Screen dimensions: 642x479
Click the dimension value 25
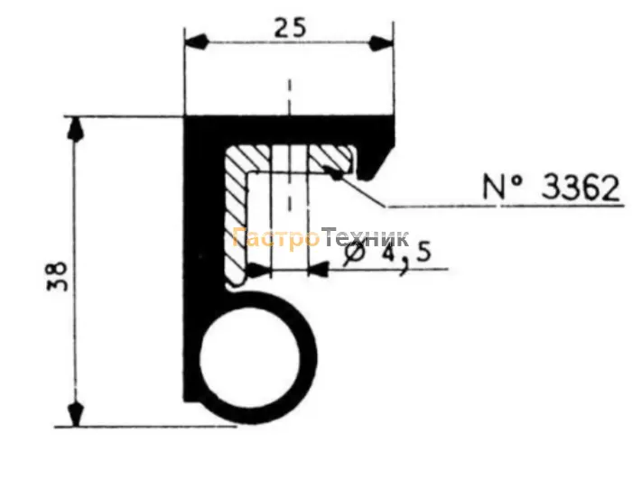point(290,29)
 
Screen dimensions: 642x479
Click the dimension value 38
point(57,276)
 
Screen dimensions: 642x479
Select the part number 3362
point(581,189)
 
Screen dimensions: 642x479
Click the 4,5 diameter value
point(406,255)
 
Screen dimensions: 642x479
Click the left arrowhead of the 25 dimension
point(197,41)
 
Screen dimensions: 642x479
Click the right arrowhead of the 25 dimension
point(382,42)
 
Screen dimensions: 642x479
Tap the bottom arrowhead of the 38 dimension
point(75,414)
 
